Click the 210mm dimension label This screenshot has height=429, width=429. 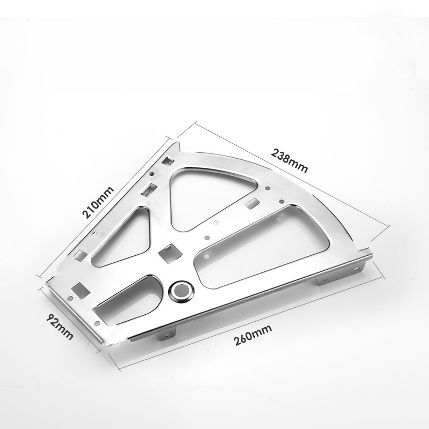(98, 202)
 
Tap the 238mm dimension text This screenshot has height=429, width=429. (289, 160)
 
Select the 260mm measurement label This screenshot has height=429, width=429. (253, 335)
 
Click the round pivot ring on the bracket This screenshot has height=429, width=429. (181, 292)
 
